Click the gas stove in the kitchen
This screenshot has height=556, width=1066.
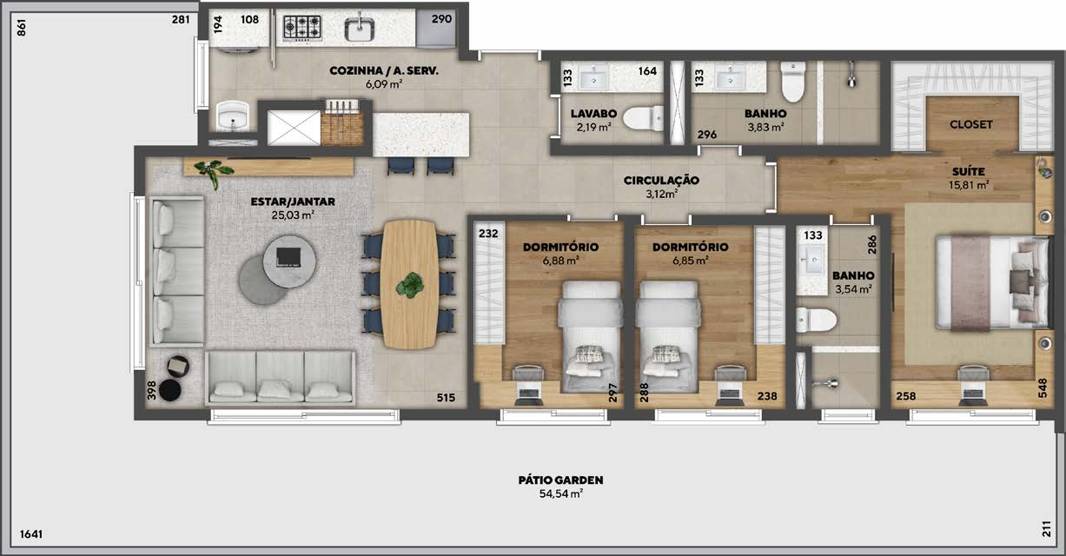click(301, 27)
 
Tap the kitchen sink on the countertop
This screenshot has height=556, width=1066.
click(360, 28)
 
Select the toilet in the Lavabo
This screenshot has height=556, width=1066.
click(642, 118)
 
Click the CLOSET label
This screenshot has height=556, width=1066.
click(970, 124)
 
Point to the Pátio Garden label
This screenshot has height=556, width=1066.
click(560, 480)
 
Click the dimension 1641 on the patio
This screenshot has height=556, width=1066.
click(31, 534)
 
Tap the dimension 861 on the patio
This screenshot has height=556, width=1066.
click(21, 28)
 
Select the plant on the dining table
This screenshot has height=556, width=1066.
click(410, 285)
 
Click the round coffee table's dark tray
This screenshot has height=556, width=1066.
click(288, 257)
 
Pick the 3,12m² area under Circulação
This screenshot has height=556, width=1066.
click(661, 194)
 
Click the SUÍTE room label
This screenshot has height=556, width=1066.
click(969, 171)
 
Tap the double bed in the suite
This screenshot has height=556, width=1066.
click(992, 281)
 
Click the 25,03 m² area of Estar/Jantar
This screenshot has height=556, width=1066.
click(292, 215)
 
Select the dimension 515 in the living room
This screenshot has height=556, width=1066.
click(446, 398)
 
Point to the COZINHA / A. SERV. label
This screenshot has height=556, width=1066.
click(384, 71)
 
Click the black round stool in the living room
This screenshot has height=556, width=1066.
click(170, 390)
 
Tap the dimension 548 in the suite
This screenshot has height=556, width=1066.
click(1043, 388)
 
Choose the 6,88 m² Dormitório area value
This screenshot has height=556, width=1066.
click(560, 261)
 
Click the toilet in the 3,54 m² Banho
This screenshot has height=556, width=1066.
click(817, 320)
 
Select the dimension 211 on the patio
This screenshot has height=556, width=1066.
click(1046, 529)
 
